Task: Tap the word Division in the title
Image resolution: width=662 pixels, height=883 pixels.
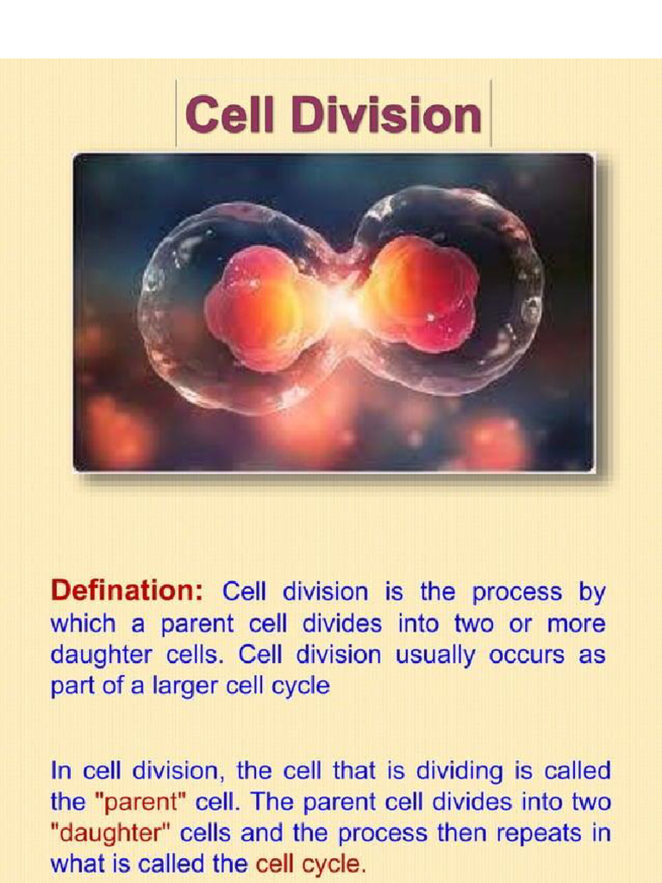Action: pyautogui.click(x=385, y=115)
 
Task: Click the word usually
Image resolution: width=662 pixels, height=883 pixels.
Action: pyautogui.click(x=434, y=655)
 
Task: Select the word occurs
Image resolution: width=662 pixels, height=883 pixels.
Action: pyautogui.click(x=525, y=655)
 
